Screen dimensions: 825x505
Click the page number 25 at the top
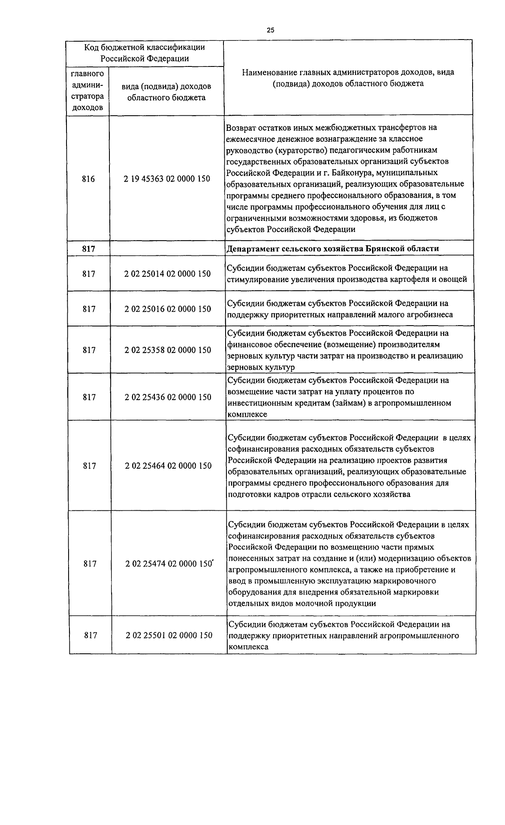pos(270,30)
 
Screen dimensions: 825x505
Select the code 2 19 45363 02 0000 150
pos(167,179)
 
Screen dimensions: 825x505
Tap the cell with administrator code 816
pos(88,179)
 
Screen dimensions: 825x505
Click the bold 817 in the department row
pos(88,249)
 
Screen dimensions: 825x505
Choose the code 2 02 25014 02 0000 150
pos(167,274)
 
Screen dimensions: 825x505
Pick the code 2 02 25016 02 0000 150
pos(167,309)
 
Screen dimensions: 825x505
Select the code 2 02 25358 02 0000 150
pos(167,350)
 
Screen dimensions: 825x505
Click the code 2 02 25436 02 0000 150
pos(167,397)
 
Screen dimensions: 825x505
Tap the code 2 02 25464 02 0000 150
pos(168,466)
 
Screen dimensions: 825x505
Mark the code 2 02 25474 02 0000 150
pos(168,564)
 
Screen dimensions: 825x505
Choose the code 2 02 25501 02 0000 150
pos(169,635)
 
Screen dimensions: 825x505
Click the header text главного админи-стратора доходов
pos(88,91)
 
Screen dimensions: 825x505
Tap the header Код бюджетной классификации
pos(144,47)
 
